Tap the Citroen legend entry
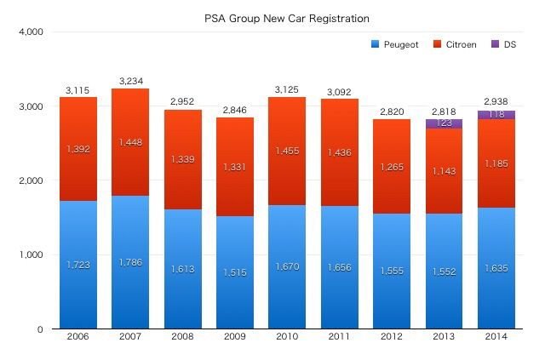[x=458, y=43]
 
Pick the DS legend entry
[x=509, y=43]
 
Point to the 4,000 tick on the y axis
[x=32, y=32]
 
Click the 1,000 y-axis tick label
[x=32, y=255]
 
